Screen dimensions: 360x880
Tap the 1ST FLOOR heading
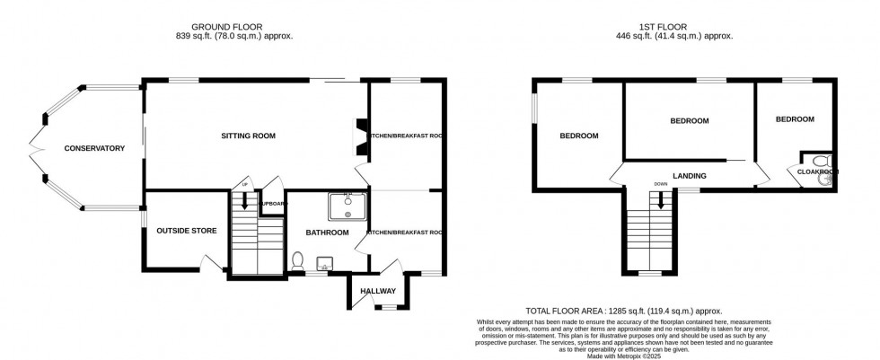[x=674, y=26]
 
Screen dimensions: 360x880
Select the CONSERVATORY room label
[x=93, y=148]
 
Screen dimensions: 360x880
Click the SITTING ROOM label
[x=248, y=136]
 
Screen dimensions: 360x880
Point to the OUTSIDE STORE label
[x=187, y=231]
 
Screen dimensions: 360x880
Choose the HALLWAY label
[x=378, y=291]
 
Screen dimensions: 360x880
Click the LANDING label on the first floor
[x=690, y=176]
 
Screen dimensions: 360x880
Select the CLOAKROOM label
[x=815, y=171]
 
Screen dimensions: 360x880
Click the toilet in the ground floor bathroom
[x=298, y=259]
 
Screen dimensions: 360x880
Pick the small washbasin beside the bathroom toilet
[x=324, y=262]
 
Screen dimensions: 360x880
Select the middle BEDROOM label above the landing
[x=689, y=121]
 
